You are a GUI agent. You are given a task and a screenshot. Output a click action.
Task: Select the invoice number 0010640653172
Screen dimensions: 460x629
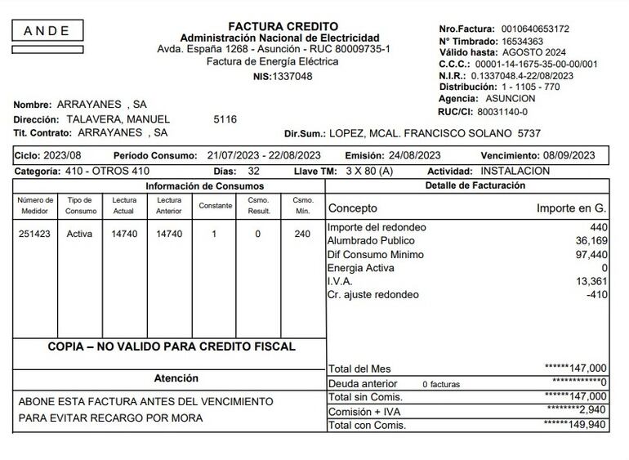pos(536,29)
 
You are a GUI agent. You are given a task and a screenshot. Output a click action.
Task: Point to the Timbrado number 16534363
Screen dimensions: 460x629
pos(526,41)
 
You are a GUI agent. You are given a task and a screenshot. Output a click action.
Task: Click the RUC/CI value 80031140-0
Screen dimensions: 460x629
pos(502,112)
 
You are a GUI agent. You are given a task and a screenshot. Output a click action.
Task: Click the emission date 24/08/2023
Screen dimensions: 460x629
pos(413,155)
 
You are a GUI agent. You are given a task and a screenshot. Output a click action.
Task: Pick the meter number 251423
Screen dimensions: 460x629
pos(35,234)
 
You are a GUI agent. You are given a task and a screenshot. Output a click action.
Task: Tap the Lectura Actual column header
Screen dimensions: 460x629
pos(123,205)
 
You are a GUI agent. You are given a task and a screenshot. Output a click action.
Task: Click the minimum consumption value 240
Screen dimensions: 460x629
pos(302,234)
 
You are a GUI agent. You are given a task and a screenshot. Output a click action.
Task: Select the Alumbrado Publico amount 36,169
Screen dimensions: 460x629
pos(591,241)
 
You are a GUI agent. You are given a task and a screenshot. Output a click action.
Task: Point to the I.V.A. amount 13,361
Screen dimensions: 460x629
pos(591,281)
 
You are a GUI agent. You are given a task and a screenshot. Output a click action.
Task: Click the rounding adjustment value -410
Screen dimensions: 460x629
pos(596,294)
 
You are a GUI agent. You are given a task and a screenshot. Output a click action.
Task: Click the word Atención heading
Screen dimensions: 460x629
pos(176,378)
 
